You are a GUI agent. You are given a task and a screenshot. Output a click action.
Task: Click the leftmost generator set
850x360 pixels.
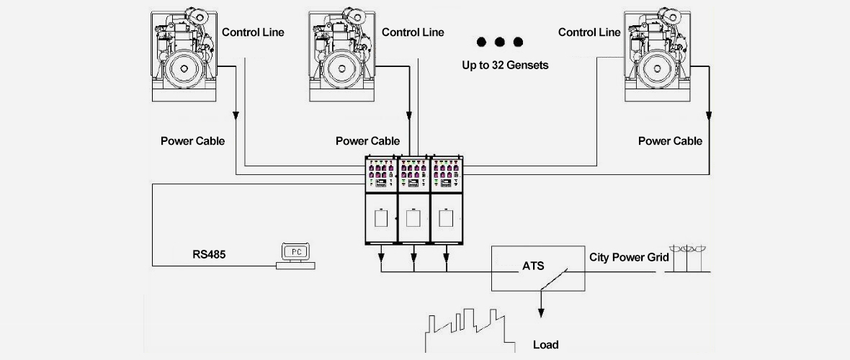(x=182, y=54)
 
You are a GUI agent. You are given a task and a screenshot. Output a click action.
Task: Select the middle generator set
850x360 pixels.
(x=342, y=54)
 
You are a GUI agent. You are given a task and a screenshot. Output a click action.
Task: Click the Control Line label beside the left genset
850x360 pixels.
(x=253, y=32)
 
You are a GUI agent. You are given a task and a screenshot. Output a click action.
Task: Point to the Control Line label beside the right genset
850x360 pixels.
(x=589, y=32)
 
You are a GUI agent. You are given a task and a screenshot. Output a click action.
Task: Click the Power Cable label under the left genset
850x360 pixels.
(x=192, y=140)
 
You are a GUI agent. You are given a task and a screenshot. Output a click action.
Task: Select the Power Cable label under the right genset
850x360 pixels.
(x=670, y=140)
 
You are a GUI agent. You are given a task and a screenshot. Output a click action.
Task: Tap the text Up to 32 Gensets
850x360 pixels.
(x=505, y=65)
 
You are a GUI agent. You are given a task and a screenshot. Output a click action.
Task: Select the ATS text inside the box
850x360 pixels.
(x=533, y=266)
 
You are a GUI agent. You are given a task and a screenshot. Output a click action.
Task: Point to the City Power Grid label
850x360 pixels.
(x=629, y=257)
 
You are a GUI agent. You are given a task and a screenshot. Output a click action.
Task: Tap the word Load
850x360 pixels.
(x=545, y=344)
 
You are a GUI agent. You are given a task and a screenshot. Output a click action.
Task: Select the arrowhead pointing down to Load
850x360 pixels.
(x=541, y=312)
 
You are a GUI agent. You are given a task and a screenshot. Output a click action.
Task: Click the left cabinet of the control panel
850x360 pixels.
(x=382, y=199)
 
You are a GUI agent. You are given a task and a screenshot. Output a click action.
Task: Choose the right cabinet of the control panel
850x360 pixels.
(x=447, y=199)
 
